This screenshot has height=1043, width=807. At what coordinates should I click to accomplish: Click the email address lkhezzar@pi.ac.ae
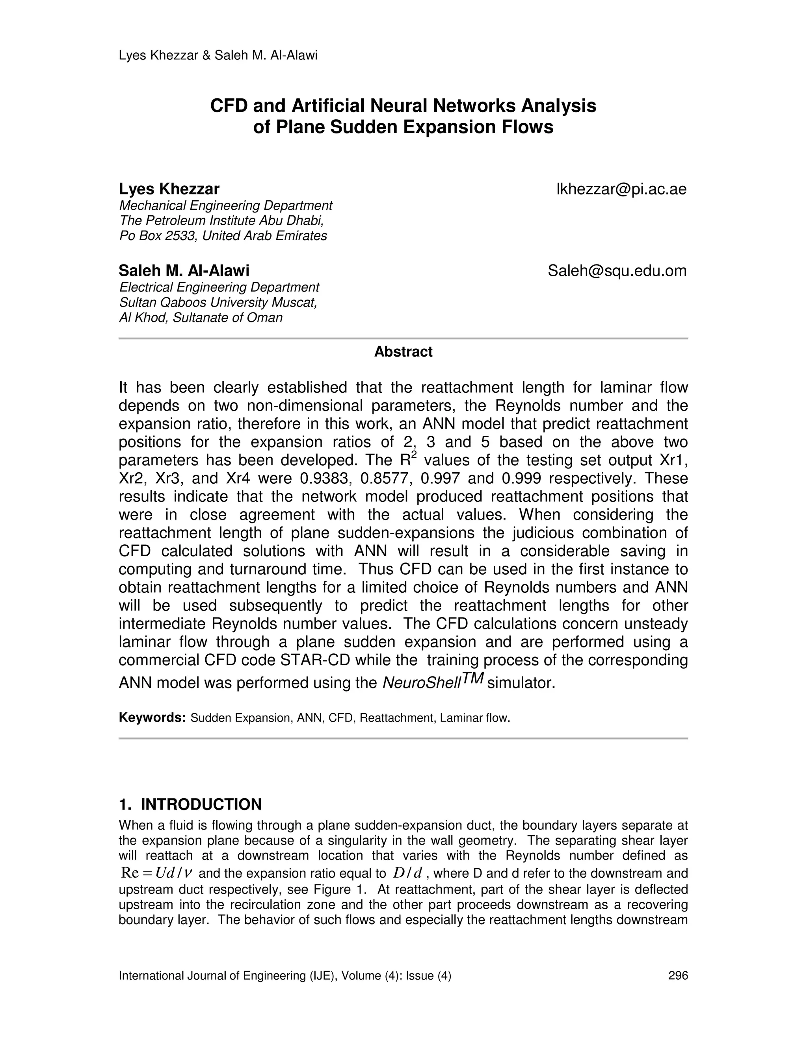(621, 190)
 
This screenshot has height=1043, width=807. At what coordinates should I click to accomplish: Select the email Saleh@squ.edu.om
(617, 271)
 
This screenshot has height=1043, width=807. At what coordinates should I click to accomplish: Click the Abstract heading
(403, 352)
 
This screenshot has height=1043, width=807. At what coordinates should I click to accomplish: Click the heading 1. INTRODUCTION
(190, 804)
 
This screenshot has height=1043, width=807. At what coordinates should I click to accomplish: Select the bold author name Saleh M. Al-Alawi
(184, 271)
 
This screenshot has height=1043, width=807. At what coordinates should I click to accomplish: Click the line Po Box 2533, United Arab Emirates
(223, 236)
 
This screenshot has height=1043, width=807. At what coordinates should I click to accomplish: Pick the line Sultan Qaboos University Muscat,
(218, 302)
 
